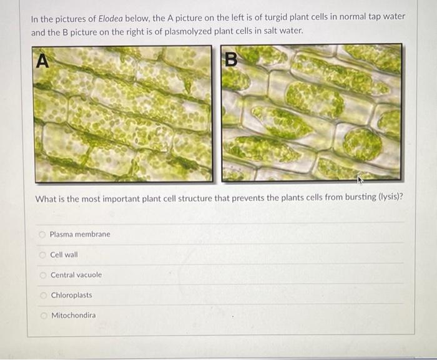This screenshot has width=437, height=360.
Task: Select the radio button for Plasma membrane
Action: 42,235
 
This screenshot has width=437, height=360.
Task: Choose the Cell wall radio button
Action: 42,255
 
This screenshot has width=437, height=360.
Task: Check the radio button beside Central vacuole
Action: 42,275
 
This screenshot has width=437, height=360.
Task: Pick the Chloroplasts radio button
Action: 43,295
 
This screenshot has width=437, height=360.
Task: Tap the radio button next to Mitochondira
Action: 44,316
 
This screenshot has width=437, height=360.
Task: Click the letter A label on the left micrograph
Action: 42,61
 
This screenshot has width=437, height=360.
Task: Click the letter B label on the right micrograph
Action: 231,59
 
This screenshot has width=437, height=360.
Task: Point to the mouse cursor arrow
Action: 360,180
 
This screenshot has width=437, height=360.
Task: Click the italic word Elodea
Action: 110,19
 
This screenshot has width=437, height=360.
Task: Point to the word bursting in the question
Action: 361,197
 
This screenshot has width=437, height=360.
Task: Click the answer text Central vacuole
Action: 76,275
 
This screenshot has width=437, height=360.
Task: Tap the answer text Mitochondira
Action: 74,316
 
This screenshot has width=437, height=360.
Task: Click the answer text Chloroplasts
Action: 71,295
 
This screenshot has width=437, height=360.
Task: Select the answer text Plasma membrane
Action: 80,235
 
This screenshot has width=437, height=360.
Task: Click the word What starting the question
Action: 46,199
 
